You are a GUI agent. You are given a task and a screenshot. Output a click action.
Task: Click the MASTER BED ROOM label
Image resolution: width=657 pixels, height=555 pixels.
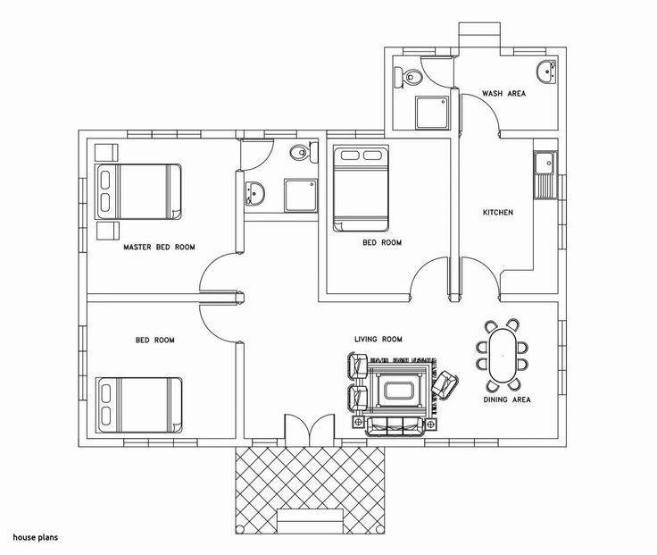[159, 247]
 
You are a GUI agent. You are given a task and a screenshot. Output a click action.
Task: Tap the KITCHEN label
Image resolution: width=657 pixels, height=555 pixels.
[498, 213]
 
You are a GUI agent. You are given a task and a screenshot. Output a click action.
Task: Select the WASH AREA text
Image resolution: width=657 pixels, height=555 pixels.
[503, 93]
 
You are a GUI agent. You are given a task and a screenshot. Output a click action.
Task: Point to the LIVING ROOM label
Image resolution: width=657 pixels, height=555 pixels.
[378, 339]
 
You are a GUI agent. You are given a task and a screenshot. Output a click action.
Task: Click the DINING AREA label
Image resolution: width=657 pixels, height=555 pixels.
[507, 399]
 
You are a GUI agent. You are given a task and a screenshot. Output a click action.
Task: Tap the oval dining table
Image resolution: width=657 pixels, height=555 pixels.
[503, 356]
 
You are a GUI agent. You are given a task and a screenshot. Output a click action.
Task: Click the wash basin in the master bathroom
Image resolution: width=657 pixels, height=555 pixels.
[254, 194]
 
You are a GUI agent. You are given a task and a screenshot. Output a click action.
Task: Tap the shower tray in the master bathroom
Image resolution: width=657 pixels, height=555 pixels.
[301, 196]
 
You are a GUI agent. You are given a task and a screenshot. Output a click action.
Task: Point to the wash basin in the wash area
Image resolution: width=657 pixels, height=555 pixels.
[546, 72]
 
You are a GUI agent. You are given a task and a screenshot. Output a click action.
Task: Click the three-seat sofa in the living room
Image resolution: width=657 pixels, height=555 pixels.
[395, 426]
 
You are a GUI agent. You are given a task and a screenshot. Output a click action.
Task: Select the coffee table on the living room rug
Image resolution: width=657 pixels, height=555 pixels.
[399, 391]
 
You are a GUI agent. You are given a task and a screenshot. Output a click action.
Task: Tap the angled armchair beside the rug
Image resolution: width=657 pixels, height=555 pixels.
[445, 384]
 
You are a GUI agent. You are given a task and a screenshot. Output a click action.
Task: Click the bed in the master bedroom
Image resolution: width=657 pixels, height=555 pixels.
[138, 192]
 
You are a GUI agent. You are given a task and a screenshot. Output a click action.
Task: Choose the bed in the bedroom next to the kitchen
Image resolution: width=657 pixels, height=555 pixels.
[361, 189]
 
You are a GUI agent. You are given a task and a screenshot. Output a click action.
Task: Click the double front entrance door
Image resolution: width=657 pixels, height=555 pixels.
[310, 428]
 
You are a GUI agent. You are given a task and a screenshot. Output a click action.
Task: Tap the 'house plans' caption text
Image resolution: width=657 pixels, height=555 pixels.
[35, 537]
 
